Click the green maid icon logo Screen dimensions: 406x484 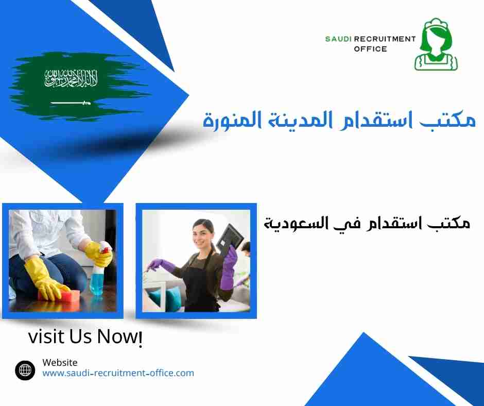pyautogui.click(x=436, y=45)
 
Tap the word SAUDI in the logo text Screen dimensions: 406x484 pyautogui.click(x=337, y=39)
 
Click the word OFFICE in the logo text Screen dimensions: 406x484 pyautogui.click(x=370, y=49)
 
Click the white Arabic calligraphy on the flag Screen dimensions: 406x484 pyautogui.click(x=71, y=79)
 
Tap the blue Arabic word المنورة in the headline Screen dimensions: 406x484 pyautogui.click(x=231, y=122)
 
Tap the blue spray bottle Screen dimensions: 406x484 pyautogui.click(x=97, y=281)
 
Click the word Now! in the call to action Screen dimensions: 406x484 pyautogui.click(x=120, y=337)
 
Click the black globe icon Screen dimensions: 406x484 pyautogui.click(x=25, y=369)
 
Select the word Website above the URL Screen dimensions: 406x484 pyautogui.click(x=60, y=363)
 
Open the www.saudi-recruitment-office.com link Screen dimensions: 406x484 pyautogui.click(x=118, y=373)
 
